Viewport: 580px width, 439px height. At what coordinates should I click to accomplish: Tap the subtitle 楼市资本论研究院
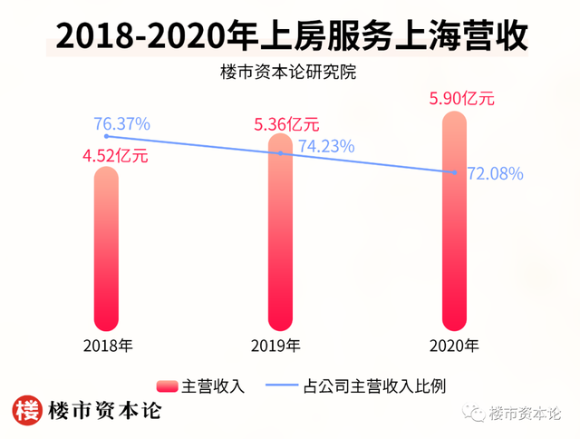[x=290, y=73]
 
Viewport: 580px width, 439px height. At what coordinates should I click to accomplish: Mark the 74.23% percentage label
[x=325, y=145]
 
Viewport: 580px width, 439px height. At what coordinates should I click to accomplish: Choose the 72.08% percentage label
[x=494, y=173]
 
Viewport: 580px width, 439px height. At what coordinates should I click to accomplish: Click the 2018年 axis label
[x=108, y=345]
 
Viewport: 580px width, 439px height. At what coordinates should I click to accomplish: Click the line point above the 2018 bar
[x=107, y=137]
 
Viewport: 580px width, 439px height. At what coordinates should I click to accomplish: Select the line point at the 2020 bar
[x=453, y=171]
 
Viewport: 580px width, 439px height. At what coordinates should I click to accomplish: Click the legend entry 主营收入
[x=201, y=385]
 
